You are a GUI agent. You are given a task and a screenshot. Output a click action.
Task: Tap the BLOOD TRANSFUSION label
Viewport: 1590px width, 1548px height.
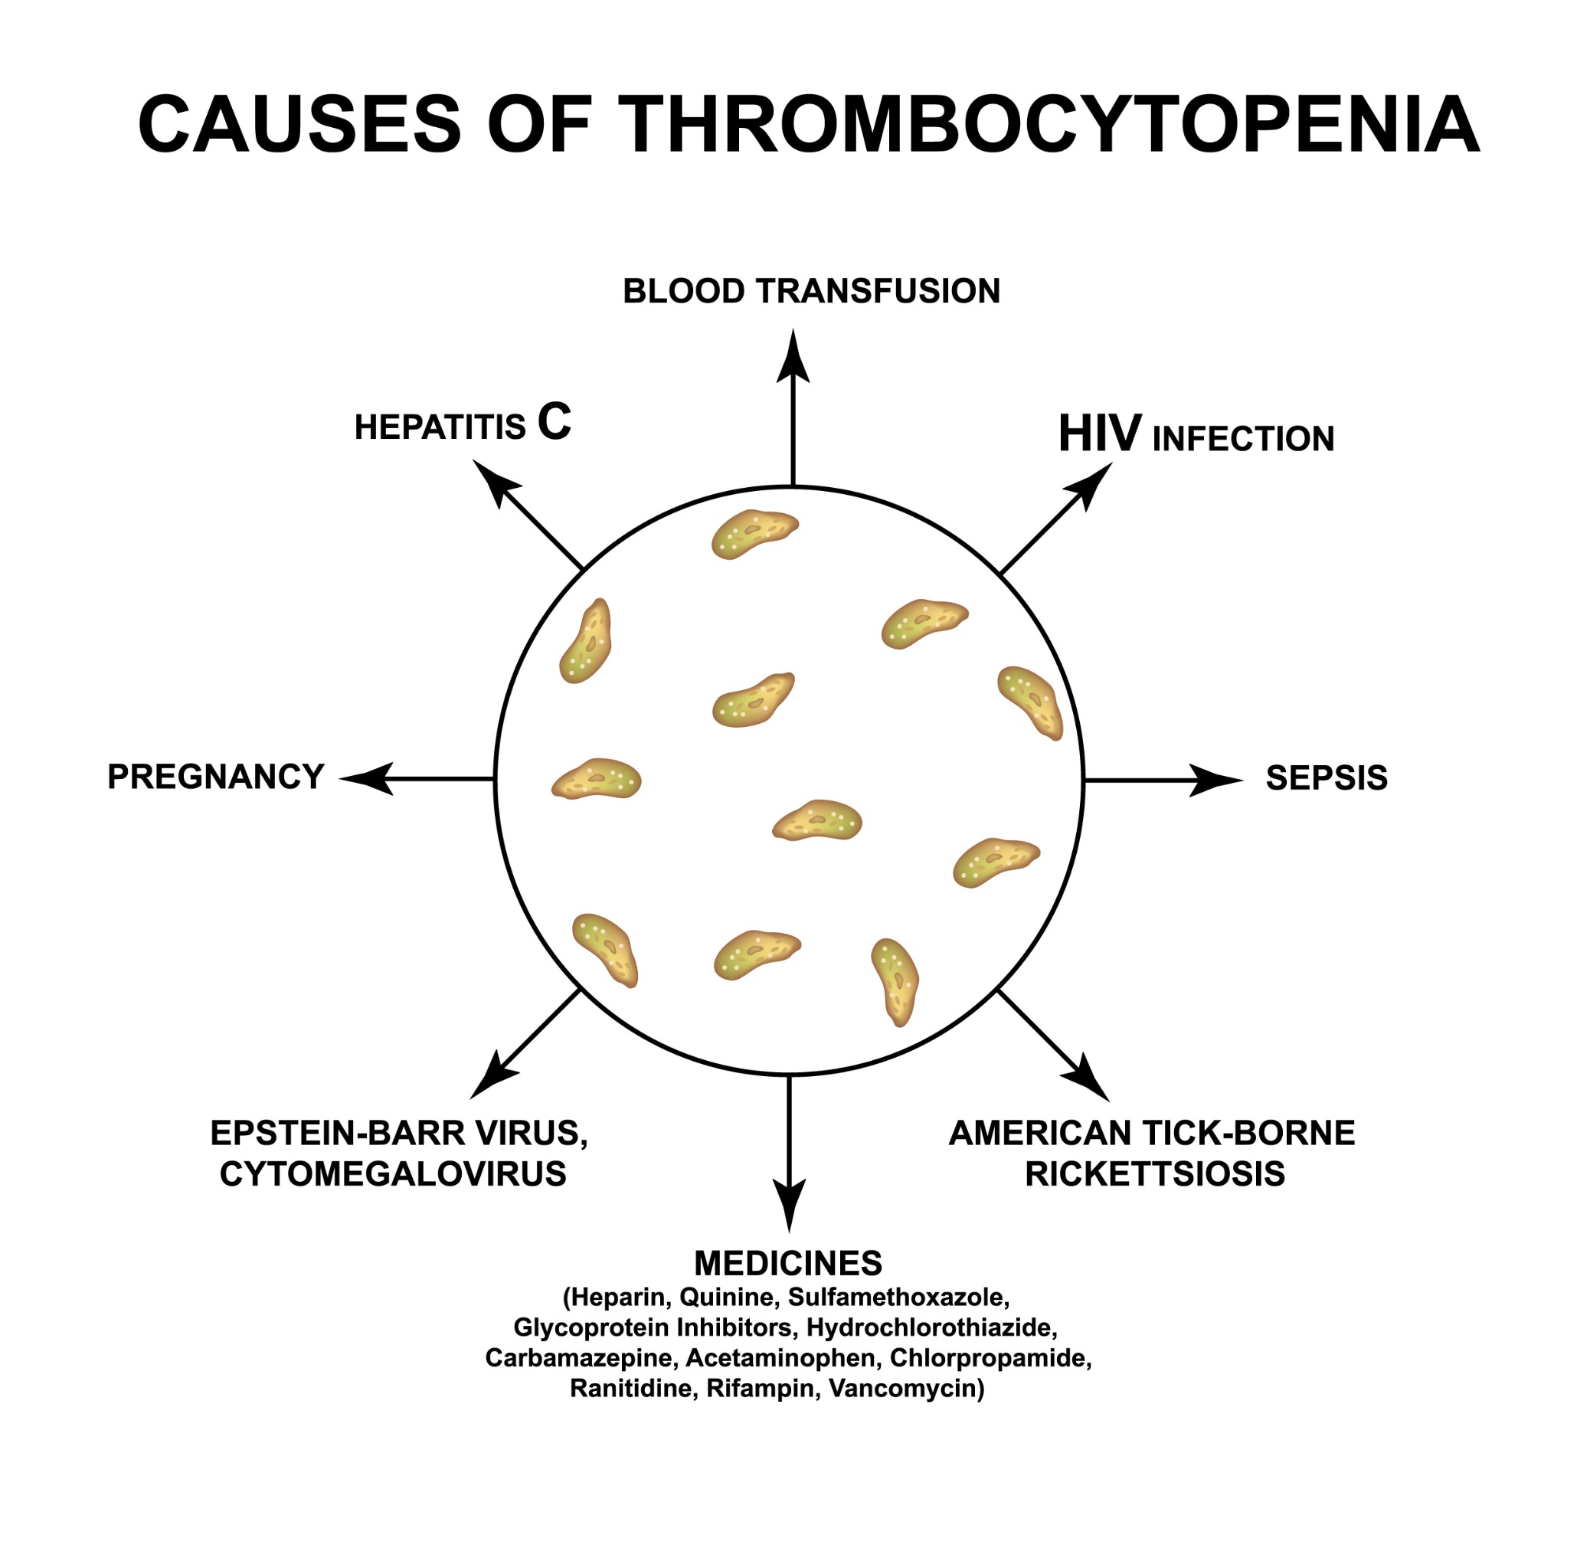(x=811, y=291)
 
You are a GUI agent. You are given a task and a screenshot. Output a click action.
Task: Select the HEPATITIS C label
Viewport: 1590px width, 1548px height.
(x=463, y=423)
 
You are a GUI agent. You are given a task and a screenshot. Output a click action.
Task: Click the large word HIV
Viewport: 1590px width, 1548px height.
(x=1100, y=434)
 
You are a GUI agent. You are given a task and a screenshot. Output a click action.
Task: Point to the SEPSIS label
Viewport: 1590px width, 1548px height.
(x=1327, y=778)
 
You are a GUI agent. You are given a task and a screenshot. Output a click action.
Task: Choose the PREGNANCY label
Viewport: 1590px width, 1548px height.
(x=216, y=777)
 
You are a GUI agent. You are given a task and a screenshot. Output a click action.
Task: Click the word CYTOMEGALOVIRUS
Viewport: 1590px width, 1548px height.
(x=393, y=1173)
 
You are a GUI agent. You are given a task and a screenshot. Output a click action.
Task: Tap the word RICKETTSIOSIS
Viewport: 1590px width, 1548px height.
(x=1155, y=1173)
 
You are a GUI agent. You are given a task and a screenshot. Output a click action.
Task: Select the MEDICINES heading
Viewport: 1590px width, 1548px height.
(x=787, y=1262)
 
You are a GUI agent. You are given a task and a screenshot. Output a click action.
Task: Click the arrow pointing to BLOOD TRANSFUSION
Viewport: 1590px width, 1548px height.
(x=793, y=407)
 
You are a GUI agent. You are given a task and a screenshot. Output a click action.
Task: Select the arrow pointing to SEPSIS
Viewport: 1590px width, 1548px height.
(x=1164, y=780)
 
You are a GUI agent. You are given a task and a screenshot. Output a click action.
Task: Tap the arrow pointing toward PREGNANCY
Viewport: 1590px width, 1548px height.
(x=417, y=779)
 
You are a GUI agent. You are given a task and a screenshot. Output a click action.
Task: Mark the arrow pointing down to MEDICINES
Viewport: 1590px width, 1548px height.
(x=789, y=1154)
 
